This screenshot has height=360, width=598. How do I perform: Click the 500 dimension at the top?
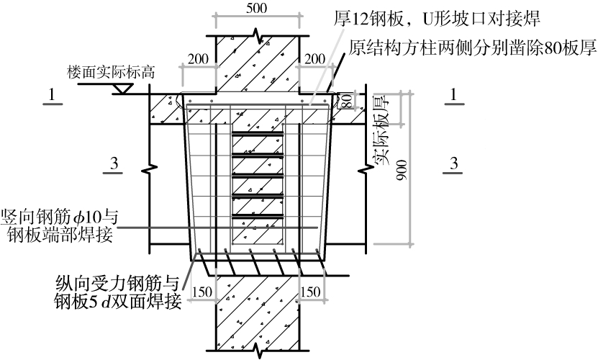coord(257,8)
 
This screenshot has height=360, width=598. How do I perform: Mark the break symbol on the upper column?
coord(257,35)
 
